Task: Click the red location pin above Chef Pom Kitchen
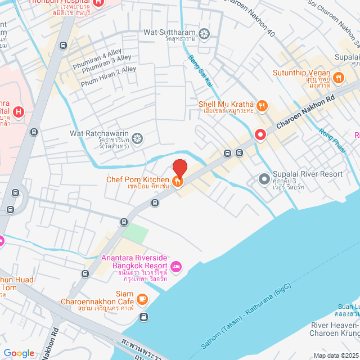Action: click(x=179, y=168)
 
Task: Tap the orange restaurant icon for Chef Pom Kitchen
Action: click(x=178, y=181)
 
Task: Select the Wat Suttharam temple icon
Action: click(x=204, y=33)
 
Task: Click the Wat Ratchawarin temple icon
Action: click(x=137, y=138)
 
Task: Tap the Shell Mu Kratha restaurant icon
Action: click(x=262, y=105)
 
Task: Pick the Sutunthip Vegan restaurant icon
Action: click(x=339, y=77)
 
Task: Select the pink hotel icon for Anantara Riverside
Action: click(x=176, y=265)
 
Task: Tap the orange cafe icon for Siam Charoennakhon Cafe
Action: click(x=142, y=298)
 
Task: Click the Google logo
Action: click(x=19, y=353)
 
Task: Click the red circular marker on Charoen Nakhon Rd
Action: click(x=260, y=134)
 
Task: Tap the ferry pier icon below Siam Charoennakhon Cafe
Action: click(x=143, y=317)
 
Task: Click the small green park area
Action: click(x=136, y=232)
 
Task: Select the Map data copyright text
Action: click(x=335, y=355)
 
